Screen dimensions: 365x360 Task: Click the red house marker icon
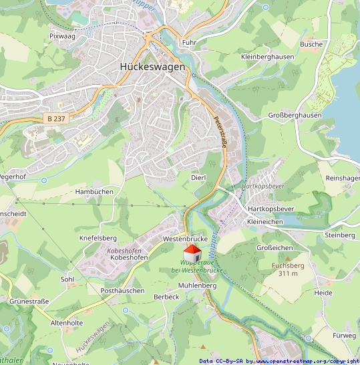point(192,253)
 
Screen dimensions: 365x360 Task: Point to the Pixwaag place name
point(62,36)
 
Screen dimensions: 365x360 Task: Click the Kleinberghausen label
point(267,57)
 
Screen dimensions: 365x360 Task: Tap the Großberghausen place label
point(295,115)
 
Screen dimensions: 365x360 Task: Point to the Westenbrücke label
point(185,239)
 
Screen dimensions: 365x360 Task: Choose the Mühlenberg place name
point(198,285)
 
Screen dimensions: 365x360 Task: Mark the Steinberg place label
point(339,235)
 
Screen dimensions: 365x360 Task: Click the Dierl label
point(198,177)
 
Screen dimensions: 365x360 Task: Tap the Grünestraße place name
point(29,301)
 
